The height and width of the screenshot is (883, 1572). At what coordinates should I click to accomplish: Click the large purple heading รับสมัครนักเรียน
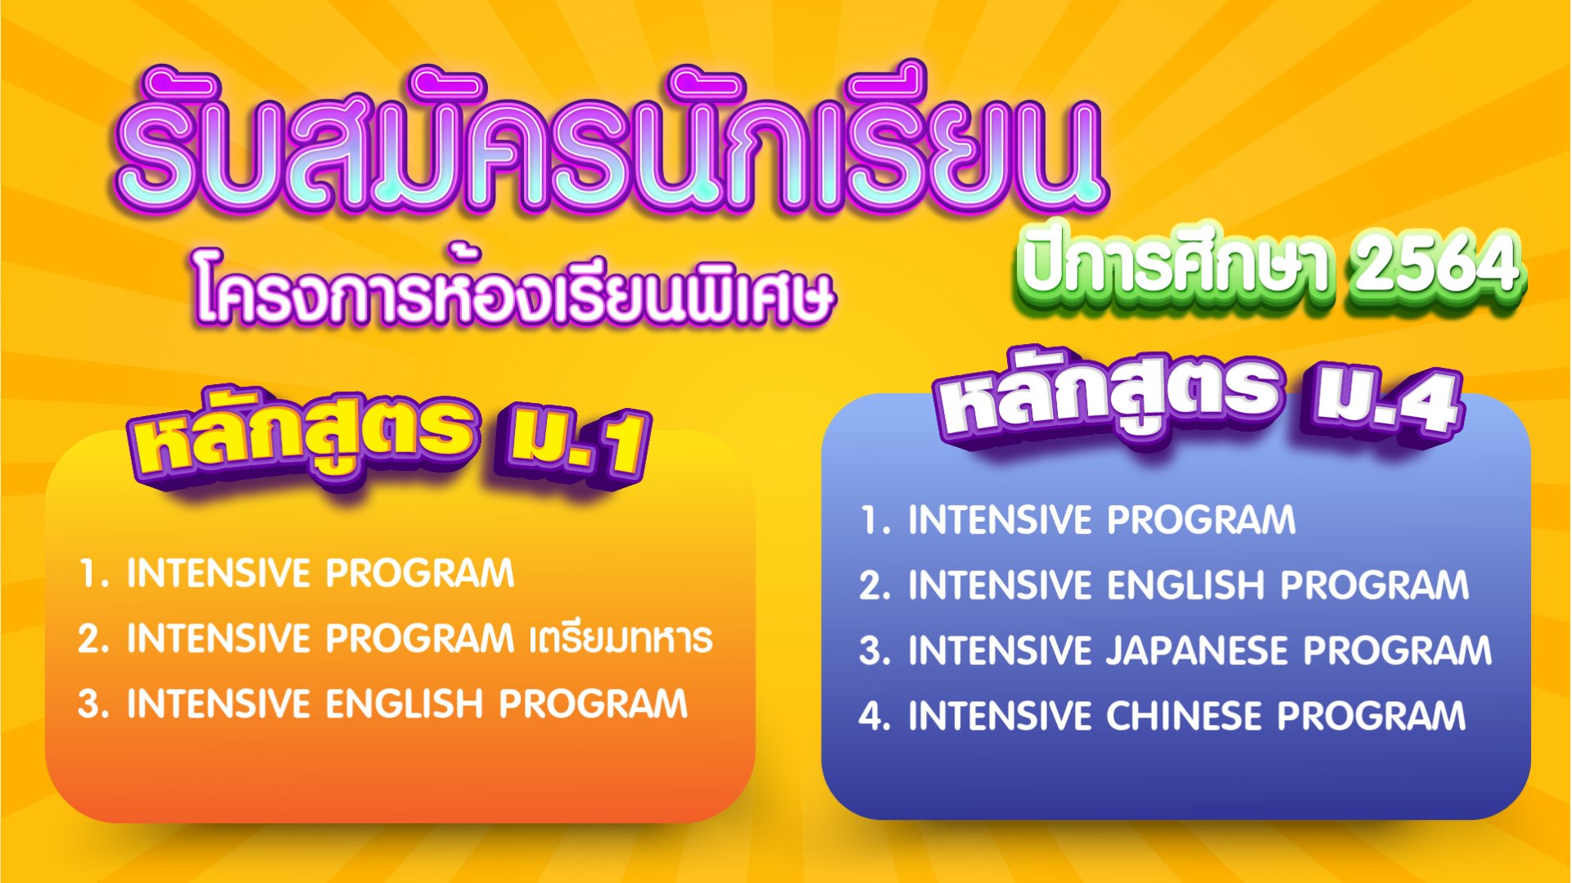610,143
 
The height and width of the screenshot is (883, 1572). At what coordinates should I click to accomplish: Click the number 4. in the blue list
874,716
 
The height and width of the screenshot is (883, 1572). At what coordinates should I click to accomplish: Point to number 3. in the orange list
93,704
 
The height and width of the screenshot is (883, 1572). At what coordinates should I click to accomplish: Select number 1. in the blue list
874,521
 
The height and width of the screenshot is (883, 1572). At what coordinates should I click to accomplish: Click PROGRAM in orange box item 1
420,573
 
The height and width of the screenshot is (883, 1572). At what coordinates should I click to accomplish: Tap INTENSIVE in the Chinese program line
1000,716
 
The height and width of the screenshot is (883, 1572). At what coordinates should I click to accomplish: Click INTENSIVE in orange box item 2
219,639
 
